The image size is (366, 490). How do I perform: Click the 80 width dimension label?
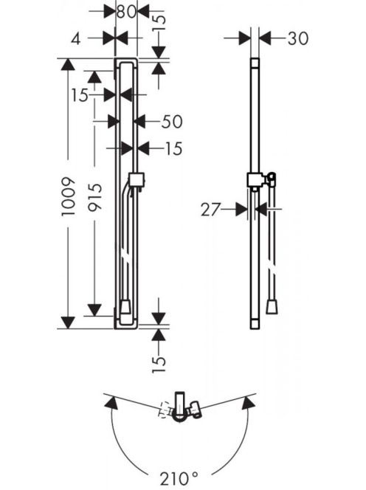(127, 12)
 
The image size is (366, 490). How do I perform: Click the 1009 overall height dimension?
(69, 196)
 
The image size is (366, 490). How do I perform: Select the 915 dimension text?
(94, 198)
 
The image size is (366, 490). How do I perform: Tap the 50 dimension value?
(172, 122)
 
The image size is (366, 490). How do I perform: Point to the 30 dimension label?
(297, 38)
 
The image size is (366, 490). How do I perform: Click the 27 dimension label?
(210, 210)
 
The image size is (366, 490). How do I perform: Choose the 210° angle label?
(179, 478)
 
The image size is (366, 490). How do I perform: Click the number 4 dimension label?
(76, 39)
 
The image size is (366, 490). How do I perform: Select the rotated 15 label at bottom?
(159, 364)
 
